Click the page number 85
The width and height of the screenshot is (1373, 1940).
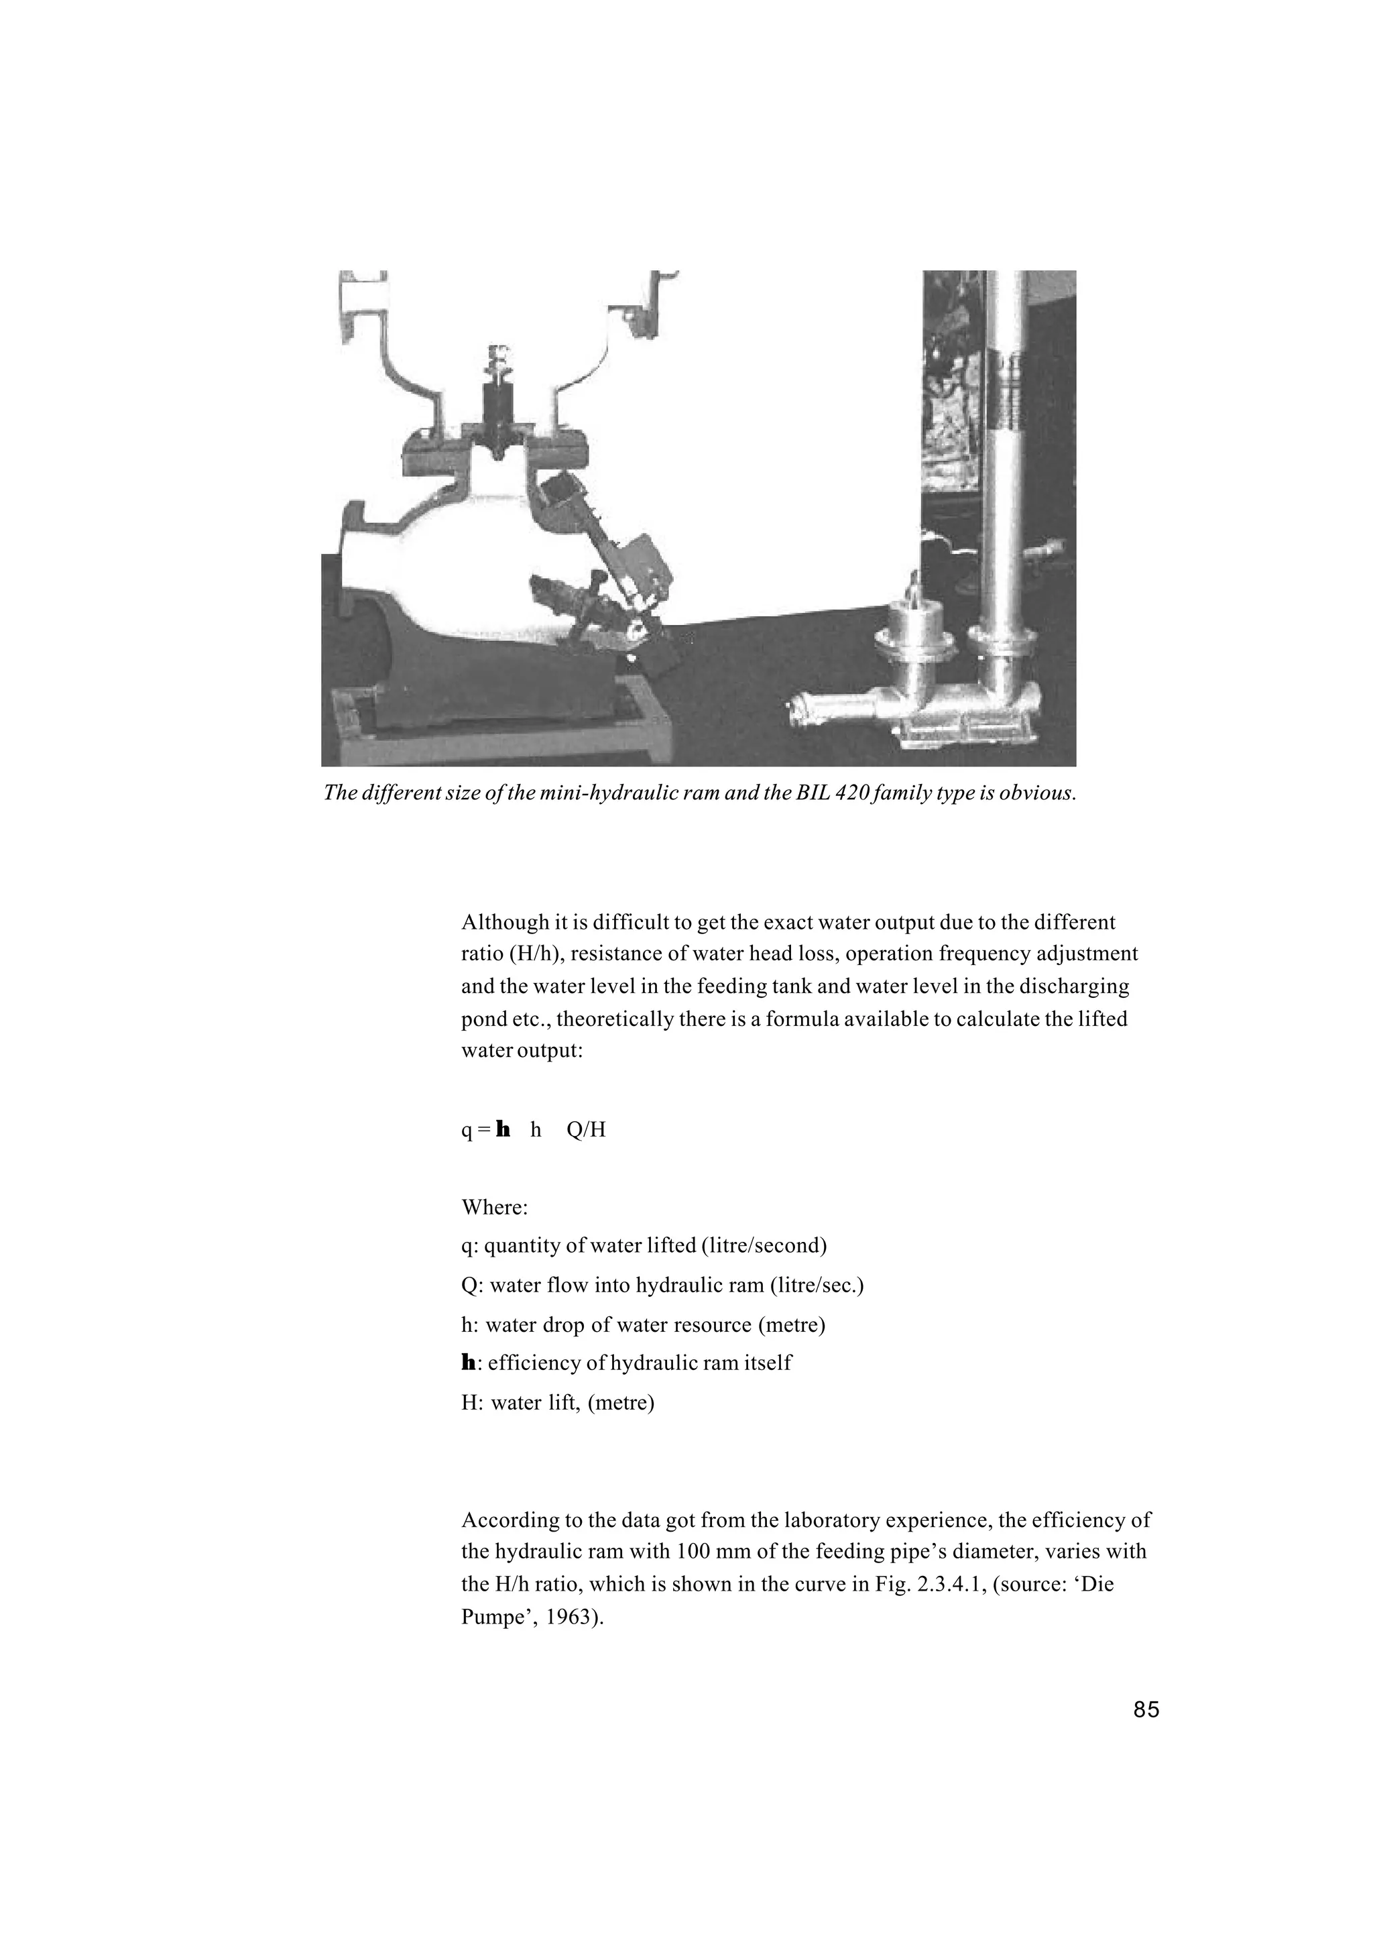coord(1146,1709)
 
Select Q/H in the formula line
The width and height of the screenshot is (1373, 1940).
coord(587,1130)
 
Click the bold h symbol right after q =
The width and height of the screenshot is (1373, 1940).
coord(504,1130)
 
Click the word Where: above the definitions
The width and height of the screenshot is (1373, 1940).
coord(495,1207)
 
